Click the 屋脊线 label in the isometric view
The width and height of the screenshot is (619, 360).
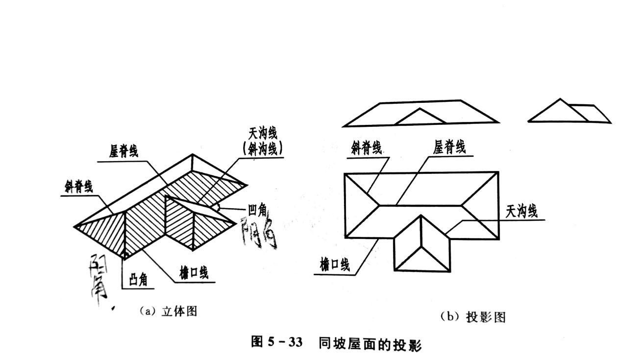(124, 151)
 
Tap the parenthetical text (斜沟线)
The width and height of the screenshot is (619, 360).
(263, 148)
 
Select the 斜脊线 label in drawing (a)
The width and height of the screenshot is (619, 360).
(78, 187)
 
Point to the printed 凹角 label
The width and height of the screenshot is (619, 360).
(257, 211)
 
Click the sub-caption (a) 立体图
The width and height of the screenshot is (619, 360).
(168, 311)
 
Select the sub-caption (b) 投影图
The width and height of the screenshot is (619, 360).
(472, 317)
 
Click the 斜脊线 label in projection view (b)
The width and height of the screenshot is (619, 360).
(366, 148)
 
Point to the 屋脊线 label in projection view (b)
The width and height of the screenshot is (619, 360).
(449, 146)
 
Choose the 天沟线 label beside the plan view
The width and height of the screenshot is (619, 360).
(521, 211)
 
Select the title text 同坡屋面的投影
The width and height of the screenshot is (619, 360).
(370, 343)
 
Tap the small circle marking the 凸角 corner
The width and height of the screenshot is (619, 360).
(125, 255)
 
